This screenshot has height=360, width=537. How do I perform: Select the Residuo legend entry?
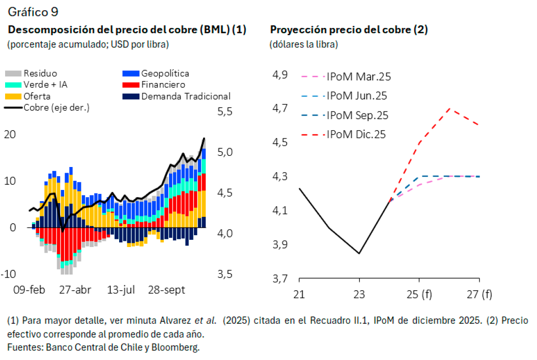[x=40, y=73]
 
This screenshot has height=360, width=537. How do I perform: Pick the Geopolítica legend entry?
[x=165, y=73]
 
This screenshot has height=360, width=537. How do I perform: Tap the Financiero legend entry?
[x=163, y=85]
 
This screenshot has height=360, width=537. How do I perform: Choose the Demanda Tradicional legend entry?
[x=186, y=96]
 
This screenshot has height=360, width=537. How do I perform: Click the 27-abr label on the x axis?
[x=75, y=290]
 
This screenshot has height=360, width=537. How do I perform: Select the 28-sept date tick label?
[x=166, y=290]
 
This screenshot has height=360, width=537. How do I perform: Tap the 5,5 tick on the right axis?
[x=225, y=112]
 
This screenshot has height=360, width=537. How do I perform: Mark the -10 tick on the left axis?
[x=9, y=274]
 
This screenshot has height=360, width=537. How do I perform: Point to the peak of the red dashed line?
[x=449, y=108]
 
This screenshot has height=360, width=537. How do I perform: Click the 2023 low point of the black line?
[x=359, y=253]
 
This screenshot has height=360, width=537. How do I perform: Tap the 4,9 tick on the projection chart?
[x=280, y=75]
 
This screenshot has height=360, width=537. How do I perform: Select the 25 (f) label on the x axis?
[x=419, y=294]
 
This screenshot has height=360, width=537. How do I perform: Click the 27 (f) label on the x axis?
[x=479, y=294]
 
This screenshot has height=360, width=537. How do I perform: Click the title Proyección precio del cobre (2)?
[x=349, y=30]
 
